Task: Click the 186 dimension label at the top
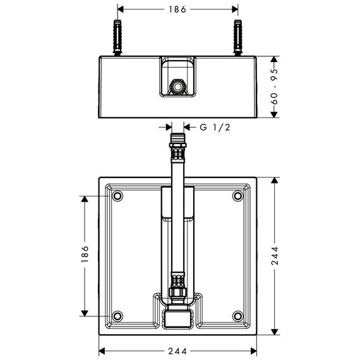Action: [177, 9]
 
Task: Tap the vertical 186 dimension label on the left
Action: [85, 254]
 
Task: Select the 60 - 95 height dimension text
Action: [274, 87]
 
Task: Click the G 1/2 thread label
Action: [215, 127]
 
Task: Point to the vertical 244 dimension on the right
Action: [275, 256]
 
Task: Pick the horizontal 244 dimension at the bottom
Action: [177, 351]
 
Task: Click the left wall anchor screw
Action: [117, 37]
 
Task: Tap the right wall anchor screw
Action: [237, 37]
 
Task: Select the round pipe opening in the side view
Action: [177, 87]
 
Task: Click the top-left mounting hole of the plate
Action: [117, 196]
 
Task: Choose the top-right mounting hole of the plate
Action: [237, 196]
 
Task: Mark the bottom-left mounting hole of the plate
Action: [117, 316]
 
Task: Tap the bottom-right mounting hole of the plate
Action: [237, 316]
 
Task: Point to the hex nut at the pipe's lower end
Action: [177, 292]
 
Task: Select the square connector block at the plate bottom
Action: [177, 319]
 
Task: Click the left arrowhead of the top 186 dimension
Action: [121, 9]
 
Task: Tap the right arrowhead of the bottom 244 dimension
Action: [253, 351]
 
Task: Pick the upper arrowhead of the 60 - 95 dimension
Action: [274, 59]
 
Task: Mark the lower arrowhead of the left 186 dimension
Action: [85, 313]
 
